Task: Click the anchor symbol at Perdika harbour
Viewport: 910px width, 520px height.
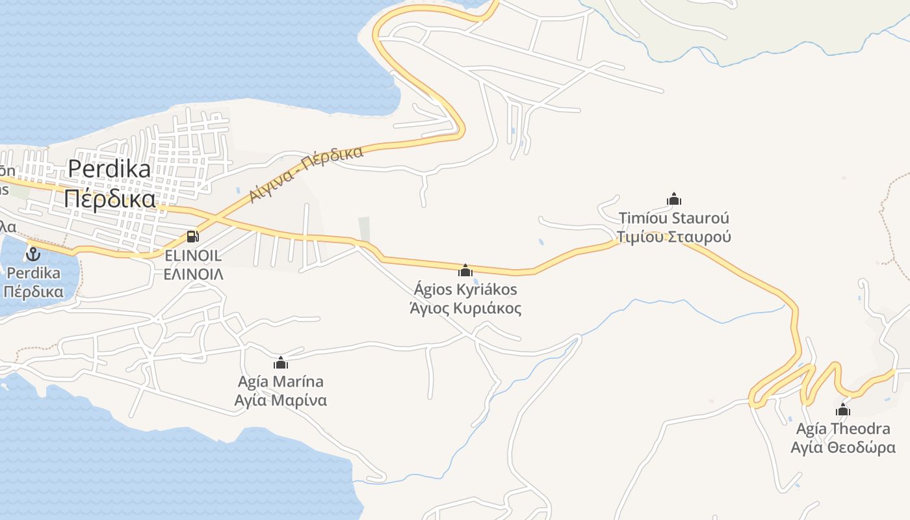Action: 33,253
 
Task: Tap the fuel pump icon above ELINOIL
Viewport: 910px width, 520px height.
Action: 192,237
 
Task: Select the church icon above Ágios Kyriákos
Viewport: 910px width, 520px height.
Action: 465,270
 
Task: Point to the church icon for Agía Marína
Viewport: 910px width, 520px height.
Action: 281,363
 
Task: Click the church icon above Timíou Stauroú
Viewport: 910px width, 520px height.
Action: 674,199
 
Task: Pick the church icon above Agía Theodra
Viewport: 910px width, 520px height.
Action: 843,409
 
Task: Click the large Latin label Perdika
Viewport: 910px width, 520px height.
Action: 109,169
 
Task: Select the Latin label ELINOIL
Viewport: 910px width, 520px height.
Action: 193,255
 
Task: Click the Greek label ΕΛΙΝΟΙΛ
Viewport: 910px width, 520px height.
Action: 193,274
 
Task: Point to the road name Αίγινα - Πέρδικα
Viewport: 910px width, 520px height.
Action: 306,174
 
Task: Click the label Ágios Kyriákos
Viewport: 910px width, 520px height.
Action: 465,289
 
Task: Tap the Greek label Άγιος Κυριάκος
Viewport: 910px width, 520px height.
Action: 465,308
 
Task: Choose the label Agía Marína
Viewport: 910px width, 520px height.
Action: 281,382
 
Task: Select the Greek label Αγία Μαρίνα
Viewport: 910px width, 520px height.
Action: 281,400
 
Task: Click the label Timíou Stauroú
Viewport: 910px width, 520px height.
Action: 674,218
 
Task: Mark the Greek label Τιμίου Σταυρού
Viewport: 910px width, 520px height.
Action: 674,237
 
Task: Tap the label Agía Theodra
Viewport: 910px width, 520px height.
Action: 843,429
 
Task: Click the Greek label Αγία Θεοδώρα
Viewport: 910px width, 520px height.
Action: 843,448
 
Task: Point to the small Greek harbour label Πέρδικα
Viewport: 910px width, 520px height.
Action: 33,291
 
